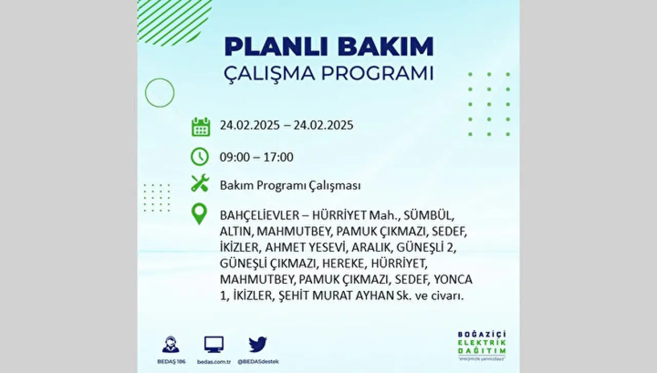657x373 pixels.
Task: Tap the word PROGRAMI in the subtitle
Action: click(x=377, y=73)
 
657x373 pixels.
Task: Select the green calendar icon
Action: click(x=201, y=127)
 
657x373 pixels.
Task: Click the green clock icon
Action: click(x=200, y=157)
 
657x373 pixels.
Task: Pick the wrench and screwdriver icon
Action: click(x=200, y=183)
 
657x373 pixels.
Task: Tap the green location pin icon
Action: click(x=199, y=214)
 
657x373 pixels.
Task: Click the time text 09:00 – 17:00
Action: click(x=257, y=157)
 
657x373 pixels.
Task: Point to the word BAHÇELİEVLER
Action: click(x=259, y=215)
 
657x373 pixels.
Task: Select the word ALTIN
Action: click(x=237, y=232)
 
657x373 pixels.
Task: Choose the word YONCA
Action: click(x=453, y=280)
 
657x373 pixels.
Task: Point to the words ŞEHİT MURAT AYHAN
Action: click(x=336, y=296)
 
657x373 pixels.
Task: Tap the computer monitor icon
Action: click(x=214, y=344)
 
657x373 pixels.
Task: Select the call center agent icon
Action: click(x=171, y=344)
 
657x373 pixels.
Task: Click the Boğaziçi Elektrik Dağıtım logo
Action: click(x=482, y=346)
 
